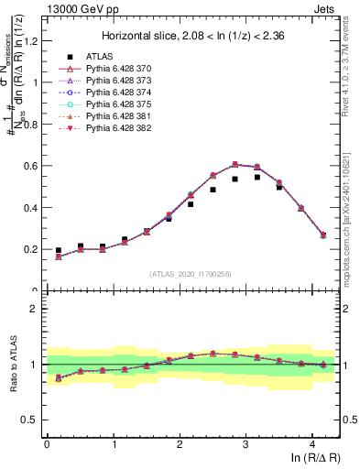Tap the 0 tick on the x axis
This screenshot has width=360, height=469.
click(47, 444)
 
